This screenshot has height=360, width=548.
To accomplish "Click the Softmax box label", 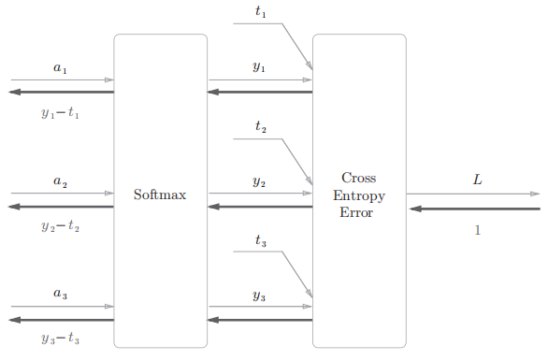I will click(160, 195).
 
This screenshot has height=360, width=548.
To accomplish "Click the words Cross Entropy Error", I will click(358, 194).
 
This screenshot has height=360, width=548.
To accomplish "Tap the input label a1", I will click(60, 68).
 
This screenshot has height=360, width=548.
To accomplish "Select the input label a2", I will click(60, 182).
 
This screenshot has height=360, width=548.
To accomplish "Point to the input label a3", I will click(60, 295).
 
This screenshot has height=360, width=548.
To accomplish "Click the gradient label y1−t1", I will click(61, 113).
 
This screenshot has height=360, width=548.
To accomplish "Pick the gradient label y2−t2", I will click(61, 226).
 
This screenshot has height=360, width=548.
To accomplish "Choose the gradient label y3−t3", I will click(61, 338).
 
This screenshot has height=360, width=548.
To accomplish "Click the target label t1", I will click(261, 13).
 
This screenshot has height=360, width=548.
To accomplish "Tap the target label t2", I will click(261, 127).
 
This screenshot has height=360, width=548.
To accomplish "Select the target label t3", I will click(261, 240).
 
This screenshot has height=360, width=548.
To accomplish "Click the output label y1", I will click(259, 67).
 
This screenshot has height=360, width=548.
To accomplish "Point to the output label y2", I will click(259, 181).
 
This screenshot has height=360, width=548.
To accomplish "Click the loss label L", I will click(477, 180).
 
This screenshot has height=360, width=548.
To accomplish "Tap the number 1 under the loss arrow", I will click(477, 230).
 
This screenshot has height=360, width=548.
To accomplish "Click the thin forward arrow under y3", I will click(260, 307).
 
